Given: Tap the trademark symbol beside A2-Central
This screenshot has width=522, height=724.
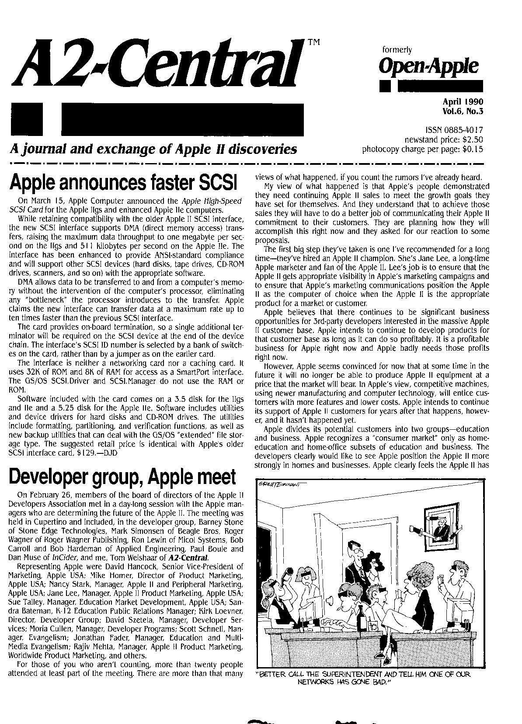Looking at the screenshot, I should [x=313, y=42].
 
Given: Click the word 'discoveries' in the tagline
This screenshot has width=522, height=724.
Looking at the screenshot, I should [x=264, y=150].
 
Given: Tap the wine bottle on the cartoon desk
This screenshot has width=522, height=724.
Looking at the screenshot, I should [x=361, y=617].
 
